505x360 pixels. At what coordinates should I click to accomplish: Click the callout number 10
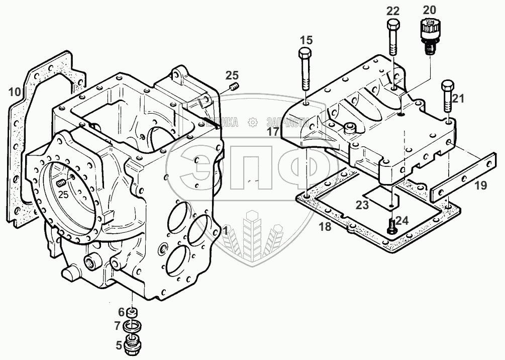coord(14,92)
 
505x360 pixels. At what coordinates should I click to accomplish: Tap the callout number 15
coord(306,40)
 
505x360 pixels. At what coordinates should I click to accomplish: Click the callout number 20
coord(430,9)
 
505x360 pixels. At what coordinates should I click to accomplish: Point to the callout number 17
coord(273,132)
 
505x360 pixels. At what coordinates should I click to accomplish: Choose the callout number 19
coord(480,186)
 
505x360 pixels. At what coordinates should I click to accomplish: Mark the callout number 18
coord(326,226)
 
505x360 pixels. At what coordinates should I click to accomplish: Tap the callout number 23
coord(363,205)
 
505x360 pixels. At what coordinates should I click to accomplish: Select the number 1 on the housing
coord(226,231)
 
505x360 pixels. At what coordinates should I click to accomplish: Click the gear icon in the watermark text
coord(253,122)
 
